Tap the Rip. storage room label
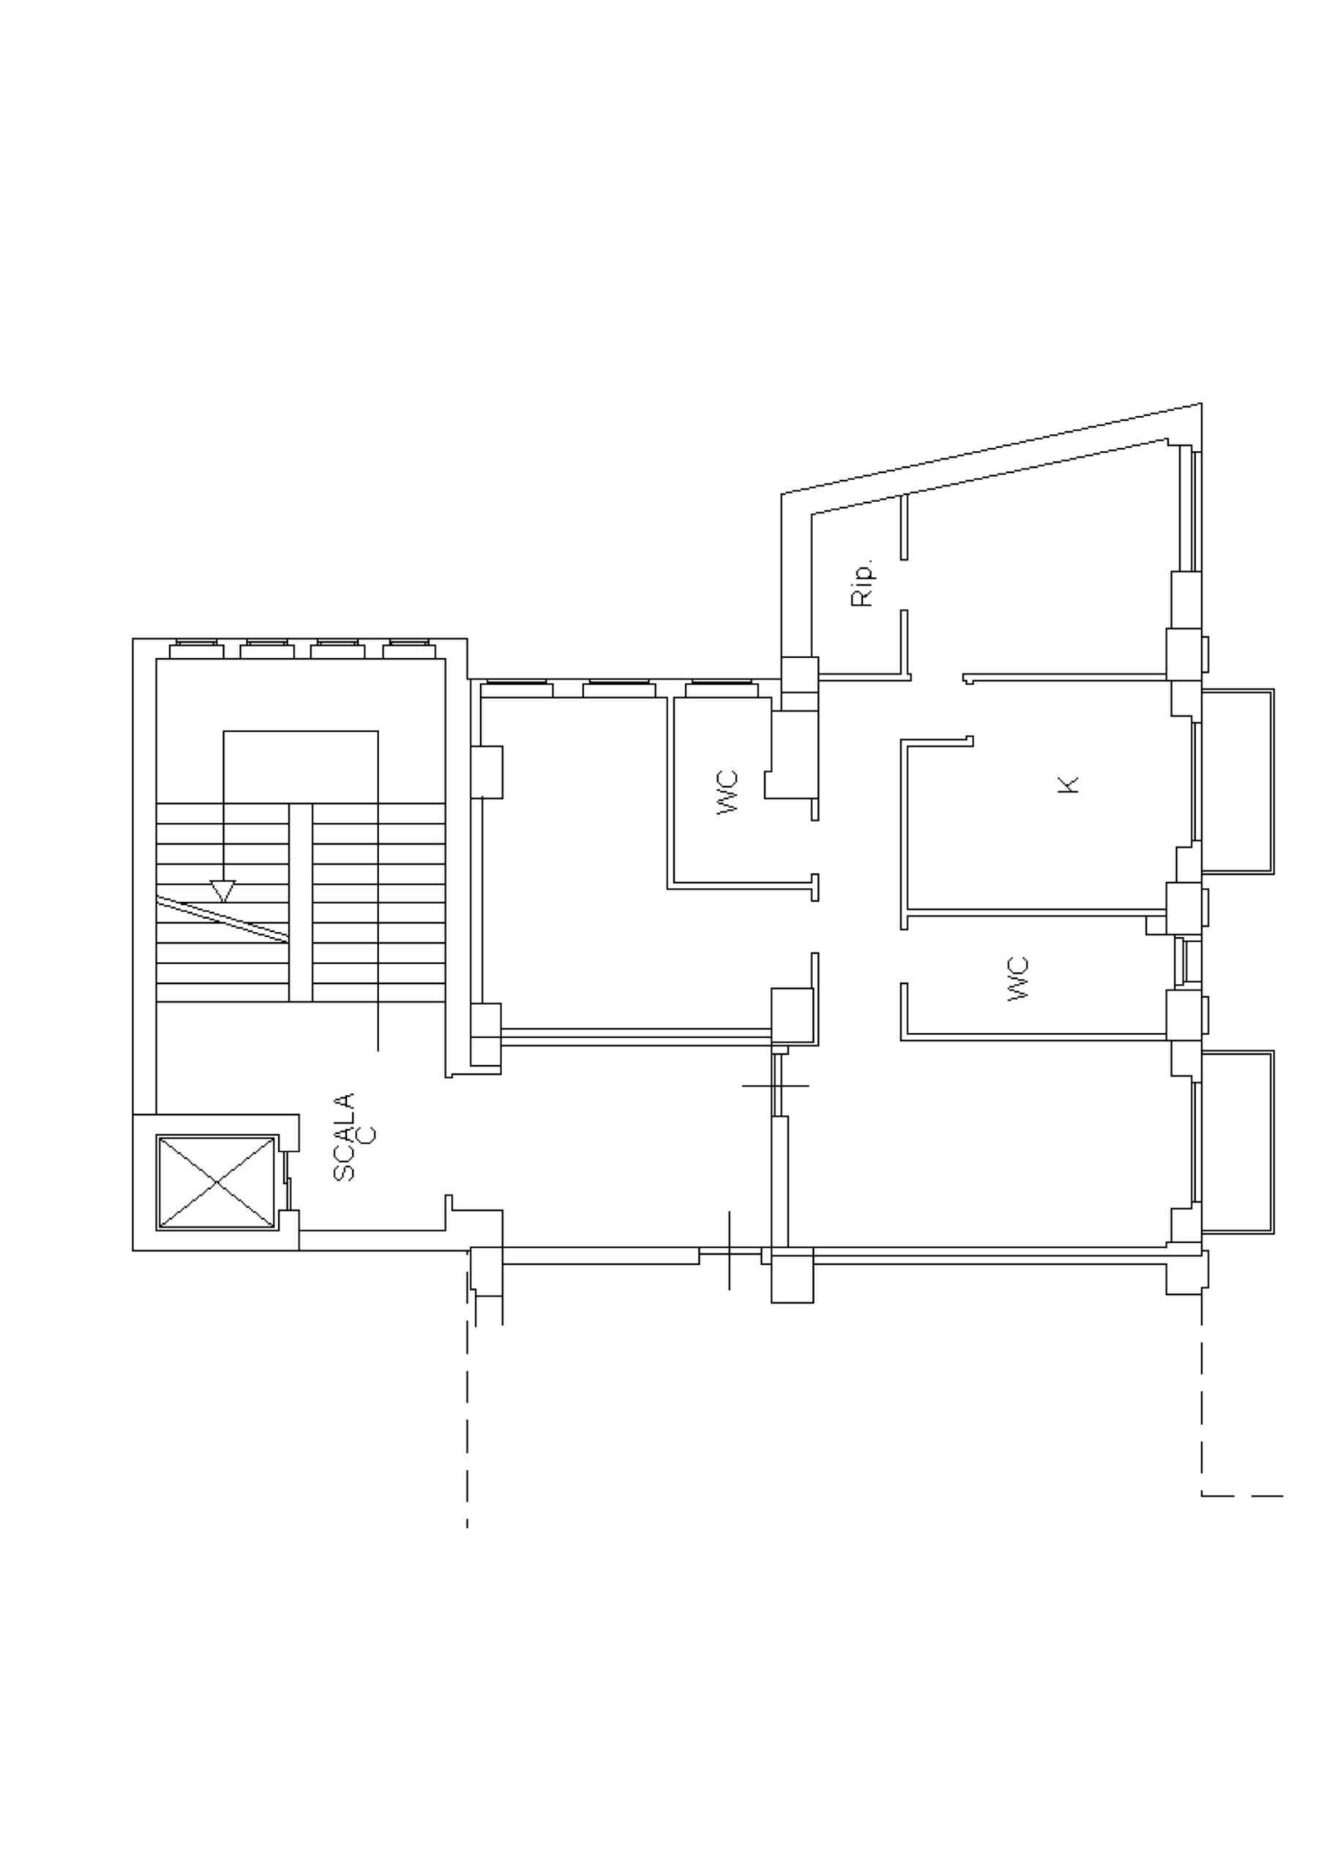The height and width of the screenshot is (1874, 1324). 861,583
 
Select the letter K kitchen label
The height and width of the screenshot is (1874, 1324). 1068,784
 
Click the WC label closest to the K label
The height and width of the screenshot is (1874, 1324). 1018,979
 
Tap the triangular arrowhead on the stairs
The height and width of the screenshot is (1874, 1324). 222,890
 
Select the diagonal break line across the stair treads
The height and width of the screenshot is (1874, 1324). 222,919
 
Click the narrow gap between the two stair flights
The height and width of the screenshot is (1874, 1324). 300,902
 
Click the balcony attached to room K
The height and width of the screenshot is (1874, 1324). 1238,781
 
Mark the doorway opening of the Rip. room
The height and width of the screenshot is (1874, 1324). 905,584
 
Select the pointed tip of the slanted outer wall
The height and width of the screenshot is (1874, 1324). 1201,403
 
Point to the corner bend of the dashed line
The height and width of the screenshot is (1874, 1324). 1202,1496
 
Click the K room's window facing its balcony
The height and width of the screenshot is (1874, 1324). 1197,781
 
